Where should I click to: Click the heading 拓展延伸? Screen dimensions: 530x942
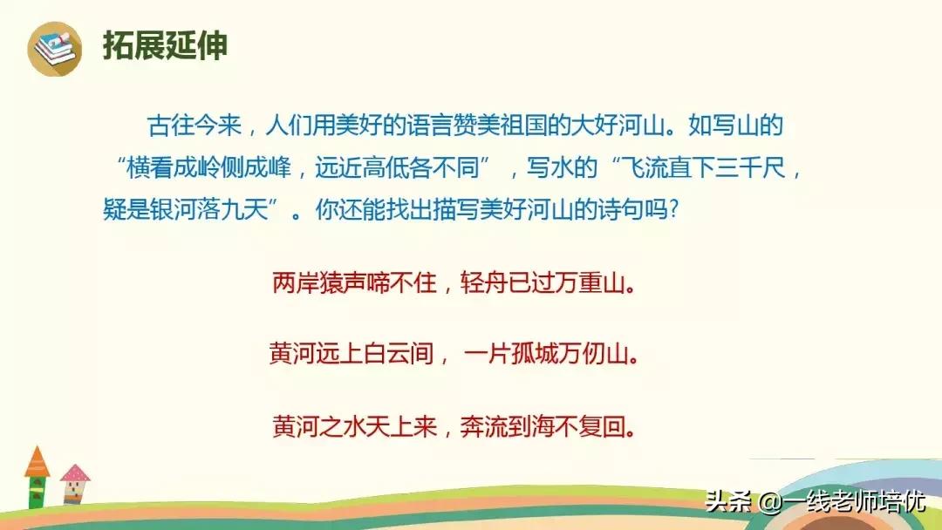[165, 45]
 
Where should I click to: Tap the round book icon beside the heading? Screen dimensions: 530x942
[55, 46]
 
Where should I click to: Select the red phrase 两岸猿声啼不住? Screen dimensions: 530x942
[353, 283]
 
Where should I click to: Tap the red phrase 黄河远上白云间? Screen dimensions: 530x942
[352, 356]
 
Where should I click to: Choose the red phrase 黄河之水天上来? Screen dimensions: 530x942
[353, 428]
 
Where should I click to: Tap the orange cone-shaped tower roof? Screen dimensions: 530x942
[37, 461]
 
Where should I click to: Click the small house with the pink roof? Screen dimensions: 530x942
[75, 483]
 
